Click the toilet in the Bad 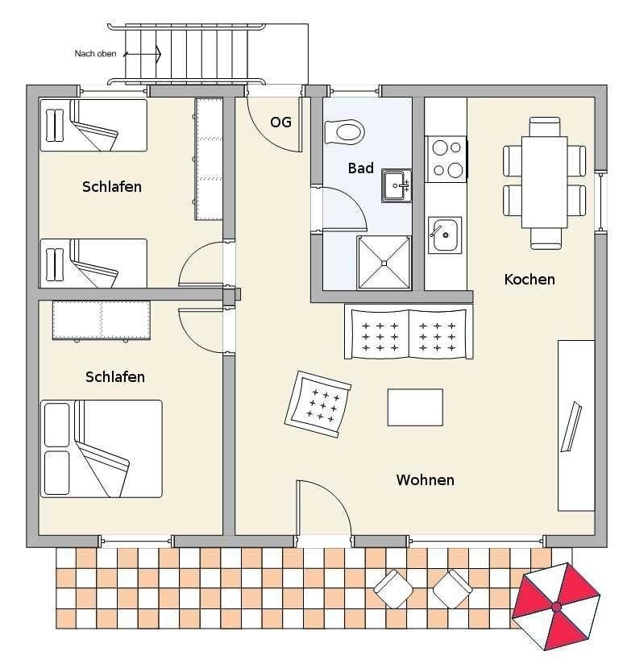pos(344,131)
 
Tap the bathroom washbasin pos(397,185)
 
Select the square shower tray pos(384,263)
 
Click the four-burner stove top pos(446,159)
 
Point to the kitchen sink pos(445,235)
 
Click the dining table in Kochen pos(545,182)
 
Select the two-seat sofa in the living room pos(409,332)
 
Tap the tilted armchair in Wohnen pos(318,405)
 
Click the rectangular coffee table pos(415,408)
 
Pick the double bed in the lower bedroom pos(102,449)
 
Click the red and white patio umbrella pos(556,606)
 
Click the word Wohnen pos(425,479)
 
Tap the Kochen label pos(529,279)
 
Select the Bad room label pos(360,168)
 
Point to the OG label pos(280,122)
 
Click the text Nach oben pos(96,53)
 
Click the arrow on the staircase pos(142,54)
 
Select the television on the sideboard pos(571,426)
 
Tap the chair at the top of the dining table pos(545,127)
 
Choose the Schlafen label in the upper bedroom pos(112,187)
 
